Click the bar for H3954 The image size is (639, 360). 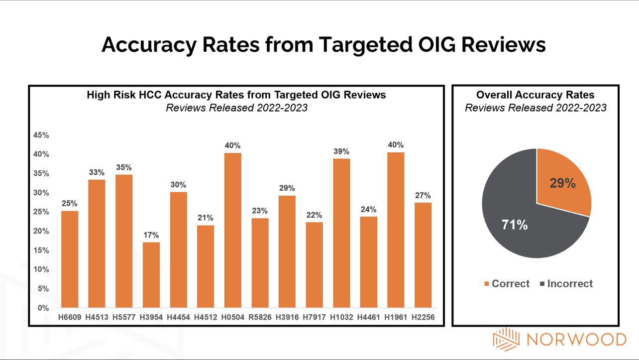point(151,275)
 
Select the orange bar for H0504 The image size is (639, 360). point(232,230)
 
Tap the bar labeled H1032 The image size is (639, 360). point(341,233)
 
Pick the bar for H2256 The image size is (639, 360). point(423,255)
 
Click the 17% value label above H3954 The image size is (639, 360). point(151,235)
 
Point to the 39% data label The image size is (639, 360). point(341,151)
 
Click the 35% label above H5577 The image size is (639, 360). point(124,167)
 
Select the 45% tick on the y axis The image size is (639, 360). point(41,135)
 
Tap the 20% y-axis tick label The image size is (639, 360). point(41,231)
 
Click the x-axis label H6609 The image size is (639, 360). point(70,317)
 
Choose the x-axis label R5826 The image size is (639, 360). point(260,317)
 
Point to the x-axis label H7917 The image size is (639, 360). point(314,317)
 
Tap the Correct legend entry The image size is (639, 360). point(506,284)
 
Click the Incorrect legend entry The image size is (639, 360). point(566,284)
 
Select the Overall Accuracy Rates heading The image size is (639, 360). point(535,95)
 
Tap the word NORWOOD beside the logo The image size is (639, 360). point(576,340)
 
